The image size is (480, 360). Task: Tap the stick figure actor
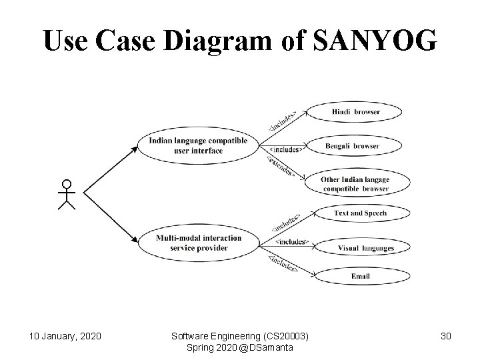click(x=66, y=194)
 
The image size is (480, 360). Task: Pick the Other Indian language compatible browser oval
click(x=355, y=184)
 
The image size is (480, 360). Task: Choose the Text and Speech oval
click(x=360, y=213)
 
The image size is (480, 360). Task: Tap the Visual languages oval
click(x=365, y=248)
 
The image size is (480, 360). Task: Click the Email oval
click(x=360, y=275)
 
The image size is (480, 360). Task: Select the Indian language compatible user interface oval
click(x=198, y=145)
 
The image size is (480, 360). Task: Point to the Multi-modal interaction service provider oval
click(x=198, y=243)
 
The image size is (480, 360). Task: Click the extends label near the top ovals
click(x=281, y=167)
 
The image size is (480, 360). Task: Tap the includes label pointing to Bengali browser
click(x=286, y=149)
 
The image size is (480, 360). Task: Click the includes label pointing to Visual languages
click(x=291, y=241)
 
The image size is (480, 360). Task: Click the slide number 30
click(x=445, y=335)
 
